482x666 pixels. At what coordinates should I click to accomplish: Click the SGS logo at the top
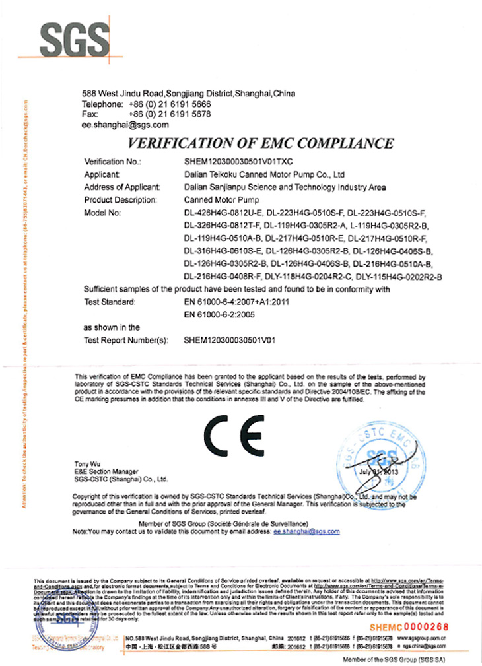point(72,39)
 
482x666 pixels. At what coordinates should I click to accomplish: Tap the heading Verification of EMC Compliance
point(260,143)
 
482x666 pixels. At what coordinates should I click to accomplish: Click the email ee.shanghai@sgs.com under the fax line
point(125,123)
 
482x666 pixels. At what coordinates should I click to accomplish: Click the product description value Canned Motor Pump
point(222,200)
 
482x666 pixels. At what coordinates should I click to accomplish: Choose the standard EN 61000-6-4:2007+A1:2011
point(236,302)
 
